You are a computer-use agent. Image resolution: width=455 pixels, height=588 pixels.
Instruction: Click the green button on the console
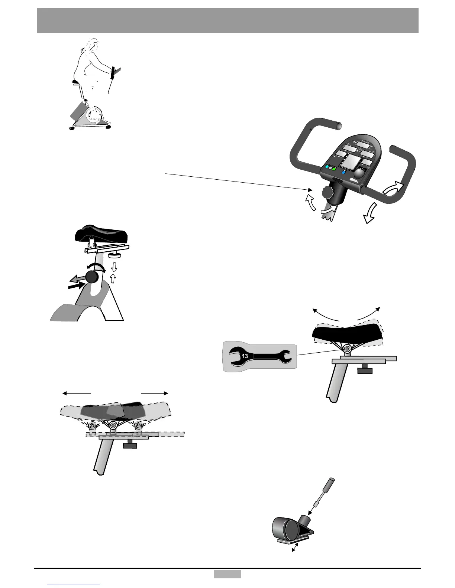[334, 169]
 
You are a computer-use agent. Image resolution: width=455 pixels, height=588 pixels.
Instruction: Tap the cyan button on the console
[326, 167]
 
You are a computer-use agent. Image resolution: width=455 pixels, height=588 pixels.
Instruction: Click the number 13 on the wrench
[245, 356]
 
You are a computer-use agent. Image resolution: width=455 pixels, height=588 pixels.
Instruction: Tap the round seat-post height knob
[92, 277]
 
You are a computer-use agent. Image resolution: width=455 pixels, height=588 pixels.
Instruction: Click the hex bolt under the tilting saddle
[347, 349]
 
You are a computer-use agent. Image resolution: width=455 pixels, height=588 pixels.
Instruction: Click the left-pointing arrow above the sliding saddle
[76, 393]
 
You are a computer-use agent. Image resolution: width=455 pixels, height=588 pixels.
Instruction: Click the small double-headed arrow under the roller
[296, 548]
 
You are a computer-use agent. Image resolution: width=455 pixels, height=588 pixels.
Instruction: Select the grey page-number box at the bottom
[227, 574]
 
